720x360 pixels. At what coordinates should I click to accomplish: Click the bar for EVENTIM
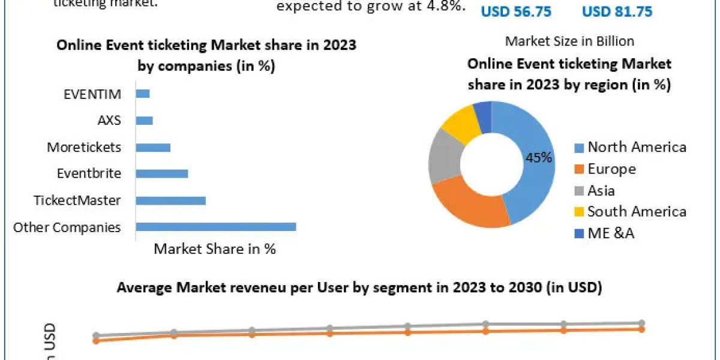point(143,94)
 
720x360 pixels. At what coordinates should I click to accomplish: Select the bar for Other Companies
point(216,227)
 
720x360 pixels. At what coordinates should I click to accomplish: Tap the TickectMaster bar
point(171,200)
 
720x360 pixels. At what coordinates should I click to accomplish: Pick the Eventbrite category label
point(89,173)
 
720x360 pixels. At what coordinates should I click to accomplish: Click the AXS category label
point(109,120)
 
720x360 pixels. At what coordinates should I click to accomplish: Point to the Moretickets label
point(84,147)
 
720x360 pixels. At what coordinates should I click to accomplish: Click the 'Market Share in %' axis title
point(215,249)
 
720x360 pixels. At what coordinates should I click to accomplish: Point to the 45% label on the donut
point(538,158)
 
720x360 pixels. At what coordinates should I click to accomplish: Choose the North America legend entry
point(637,147)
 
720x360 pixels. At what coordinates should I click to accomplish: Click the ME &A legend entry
point(611,233)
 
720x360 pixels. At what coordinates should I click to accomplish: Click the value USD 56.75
point(517,11)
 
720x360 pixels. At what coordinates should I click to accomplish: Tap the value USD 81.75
point(617,11)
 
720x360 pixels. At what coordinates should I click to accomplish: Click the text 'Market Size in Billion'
point(569,41)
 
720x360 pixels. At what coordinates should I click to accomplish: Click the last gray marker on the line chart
point(641,323)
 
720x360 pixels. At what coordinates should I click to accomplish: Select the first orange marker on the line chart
point(96,341)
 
